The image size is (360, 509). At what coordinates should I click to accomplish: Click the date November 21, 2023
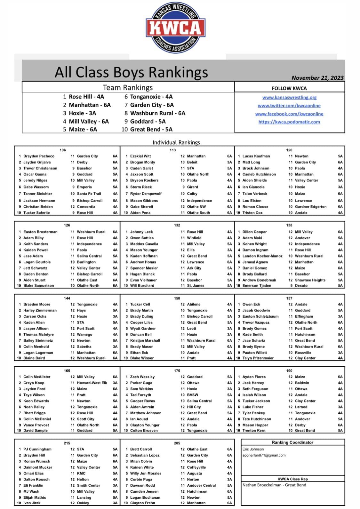(317, 78)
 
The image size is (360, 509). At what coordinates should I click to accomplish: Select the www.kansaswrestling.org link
(289, 97)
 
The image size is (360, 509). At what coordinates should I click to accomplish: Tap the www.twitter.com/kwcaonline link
(289, 106)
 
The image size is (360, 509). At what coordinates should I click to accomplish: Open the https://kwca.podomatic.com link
(289, 122)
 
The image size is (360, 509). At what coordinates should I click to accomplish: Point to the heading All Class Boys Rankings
(131, 72)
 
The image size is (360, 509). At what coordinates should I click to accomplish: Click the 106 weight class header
(63, 150)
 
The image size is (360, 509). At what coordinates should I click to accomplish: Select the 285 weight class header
(177, 443)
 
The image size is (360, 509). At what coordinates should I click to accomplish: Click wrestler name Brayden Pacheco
(39, 156)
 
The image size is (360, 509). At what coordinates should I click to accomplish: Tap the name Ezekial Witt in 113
(140, 156)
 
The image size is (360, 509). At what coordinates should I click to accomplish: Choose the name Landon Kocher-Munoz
(262, 256)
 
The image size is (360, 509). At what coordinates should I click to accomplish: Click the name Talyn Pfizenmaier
(258, 358)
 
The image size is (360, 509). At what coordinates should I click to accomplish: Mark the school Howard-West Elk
(92, 383)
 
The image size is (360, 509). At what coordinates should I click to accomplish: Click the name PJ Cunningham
(37, 449)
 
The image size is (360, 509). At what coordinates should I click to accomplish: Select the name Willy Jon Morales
(146, 473)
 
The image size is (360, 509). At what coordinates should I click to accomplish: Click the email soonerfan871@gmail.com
(264, 455)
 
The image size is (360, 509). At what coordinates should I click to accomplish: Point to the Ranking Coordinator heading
(292, 442)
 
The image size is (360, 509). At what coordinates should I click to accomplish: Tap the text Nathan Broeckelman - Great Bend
(274, 485)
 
